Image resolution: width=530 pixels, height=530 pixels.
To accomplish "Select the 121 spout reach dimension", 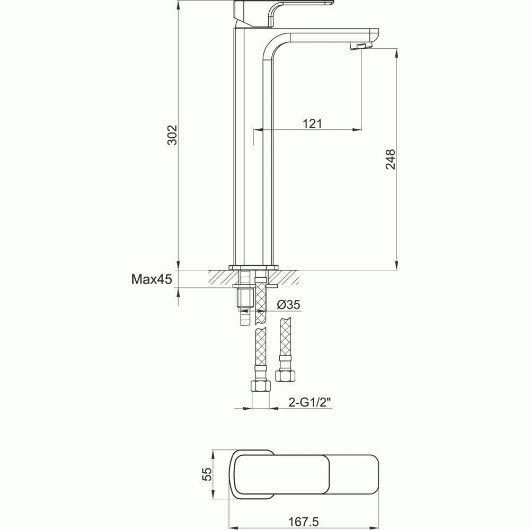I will point(313,123).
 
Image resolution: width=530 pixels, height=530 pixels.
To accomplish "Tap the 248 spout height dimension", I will point(391,159).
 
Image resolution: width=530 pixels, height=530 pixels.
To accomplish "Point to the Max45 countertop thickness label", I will point(152,279).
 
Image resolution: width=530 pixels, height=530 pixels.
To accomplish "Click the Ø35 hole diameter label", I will point(289,304).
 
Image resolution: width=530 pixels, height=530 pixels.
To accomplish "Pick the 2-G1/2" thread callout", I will point(310,403).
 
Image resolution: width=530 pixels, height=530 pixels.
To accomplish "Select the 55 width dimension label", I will point(208,474).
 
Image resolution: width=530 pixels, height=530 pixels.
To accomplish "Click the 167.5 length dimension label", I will point(304,523).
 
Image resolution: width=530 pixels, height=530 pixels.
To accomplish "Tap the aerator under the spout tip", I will point(360,47).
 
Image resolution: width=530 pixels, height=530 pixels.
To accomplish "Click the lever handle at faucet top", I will point(302,6).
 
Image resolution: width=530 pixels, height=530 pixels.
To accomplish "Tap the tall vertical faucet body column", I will point(248,159).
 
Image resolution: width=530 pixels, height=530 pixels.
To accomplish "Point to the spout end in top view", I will point(366,475).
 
